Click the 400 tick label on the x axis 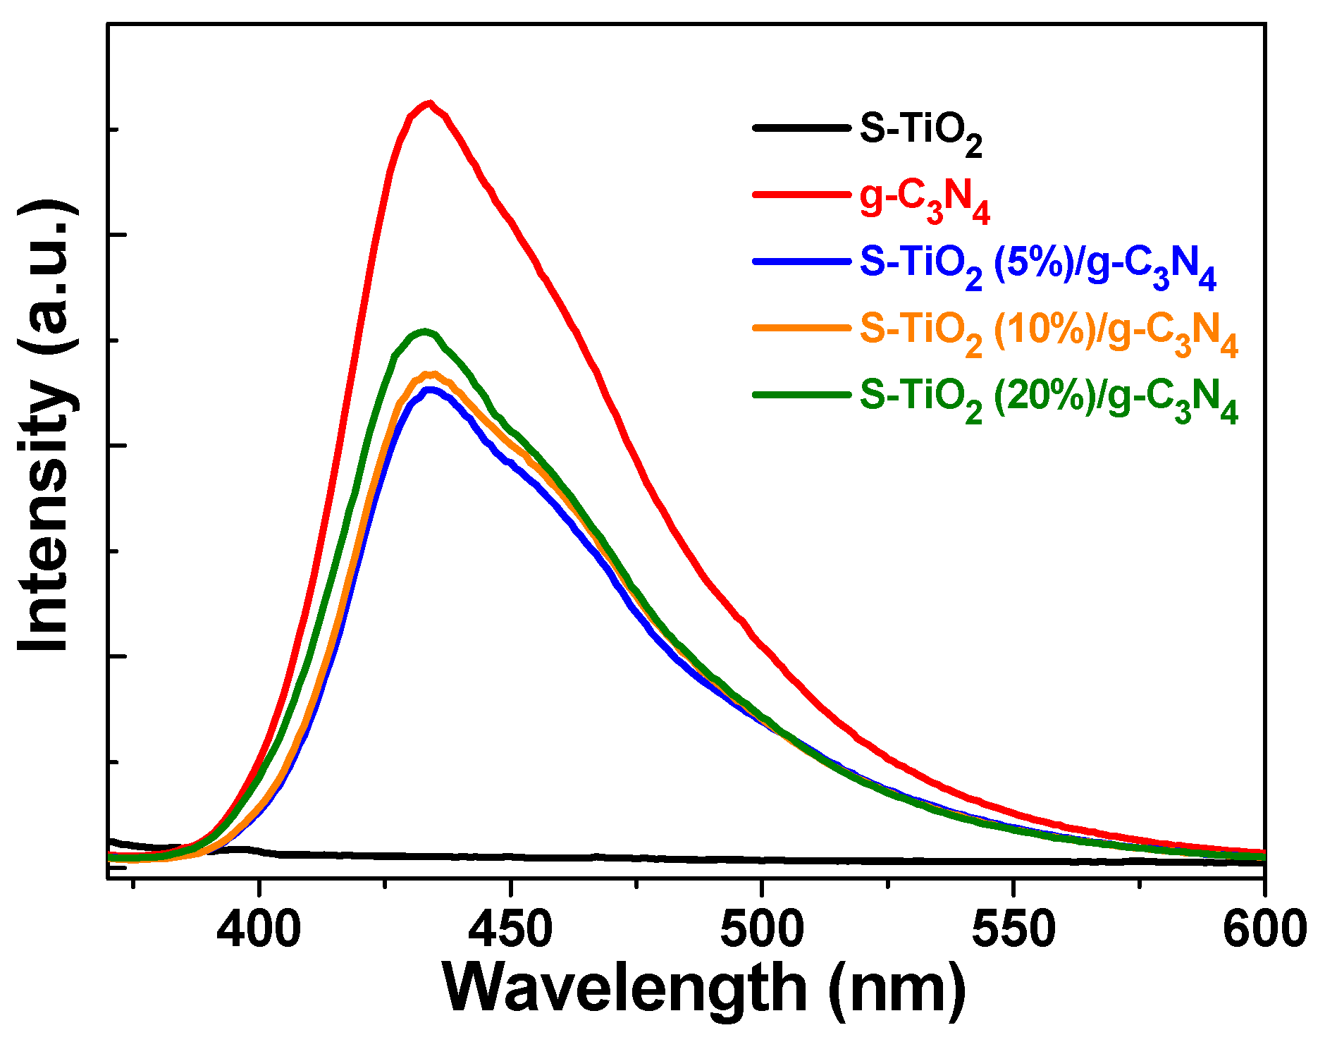[x=259, y=929]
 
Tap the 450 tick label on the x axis [x=510, y=929]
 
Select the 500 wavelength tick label [x=762, y=929]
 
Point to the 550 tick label [x=1013, y=929]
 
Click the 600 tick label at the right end [x=1264, y=929]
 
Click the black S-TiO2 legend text [x=920, y=131]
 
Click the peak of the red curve [x=429, y=103]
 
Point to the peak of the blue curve [x=428, y=389]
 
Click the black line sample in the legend [x=801, y=128]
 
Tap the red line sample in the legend [x=801, y=194]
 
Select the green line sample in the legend [x=801, y=394]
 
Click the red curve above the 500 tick [x=762, y=646]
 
